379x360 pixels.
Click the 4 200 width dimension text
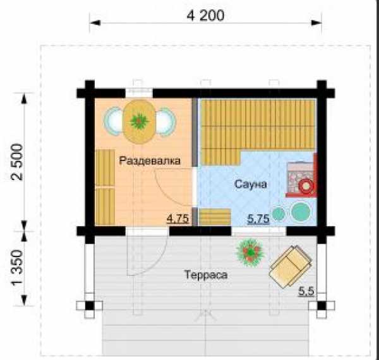click(205, 16)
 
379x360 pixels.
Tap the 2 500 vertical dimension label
click(18, 162)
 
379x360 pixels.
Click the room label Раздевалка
click(150, 161)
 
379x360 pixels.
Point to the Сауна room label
click(251, 184)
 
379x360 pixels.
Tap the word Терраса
click(206, 275)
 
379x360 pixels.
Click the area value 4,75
click(178, 219)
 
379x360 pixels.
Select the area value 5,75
click(258, 219)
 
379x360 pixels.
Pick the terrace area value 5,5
click(306, 291)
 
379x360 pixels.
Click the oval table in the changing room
click(139, 121)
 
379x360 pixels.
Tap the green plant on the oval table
click(139, 121)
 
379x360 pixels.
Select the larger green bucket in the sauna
click(301, 211)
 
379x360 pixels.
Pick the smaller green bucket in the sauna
click(279, 213)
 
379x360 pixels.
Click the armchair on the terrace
click(291, 267)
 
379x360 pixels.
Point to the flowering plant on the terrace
click(251, 252)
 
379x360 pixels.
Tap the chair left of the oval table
click(114, 121)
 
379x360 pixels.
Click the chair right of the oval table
click(166, 121)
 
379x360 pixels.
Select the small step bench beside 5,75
click(214, 217)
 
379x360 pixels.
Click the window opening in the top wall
click(139, 93)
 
